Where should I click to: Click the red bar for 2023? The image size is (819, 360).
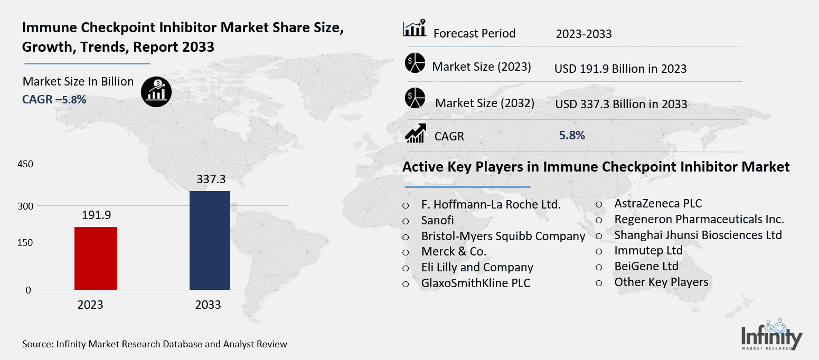click(96, 258)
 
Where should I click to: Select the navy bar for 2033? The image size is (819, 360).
click(210, 240)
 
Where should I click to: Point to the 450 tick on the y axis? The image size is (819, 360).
click(26, 165)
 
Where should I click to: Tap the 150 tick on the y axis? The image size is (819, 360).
click(26, 243)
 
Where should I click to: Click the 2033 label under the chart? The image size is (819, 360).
click(208, 305)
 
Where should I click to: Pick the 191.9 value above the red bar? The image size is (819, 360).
click(96, 215)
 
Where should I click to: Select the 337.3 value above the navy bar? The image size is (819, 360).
click(210, 179)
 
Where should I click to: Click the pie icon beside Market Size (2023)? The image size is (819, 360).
click(415, 63)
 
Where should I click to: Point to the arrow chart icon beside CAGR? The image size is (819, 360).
click(415, 133)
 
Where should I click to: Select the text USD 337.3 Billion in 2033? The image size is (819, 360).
click(621, 104)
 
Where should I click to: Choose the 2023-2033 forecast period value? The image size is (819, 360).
click(583, 34)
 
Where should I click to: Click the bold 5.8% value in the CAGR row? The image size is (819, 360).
click(572, 135)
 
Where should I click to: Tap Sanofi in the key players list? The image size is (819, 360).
click(437, 220)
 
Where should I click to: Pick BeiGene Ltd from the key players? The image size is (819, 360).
click(646, 266)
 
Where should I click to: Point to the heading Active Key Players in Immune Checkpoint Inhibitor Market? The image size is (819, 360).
click(596, 167)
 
